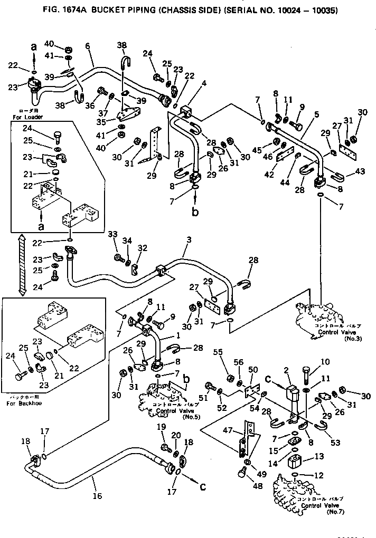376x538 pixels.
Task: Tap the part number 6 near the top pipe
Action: [x=88, y=46]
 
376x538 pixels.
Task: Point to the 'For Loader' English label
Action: [x=30, y=117]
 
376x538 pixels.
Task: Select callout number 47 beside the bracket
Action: [x=229, y=431]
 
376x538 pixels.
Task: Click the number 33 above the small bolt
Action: [x=112, y=234]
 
